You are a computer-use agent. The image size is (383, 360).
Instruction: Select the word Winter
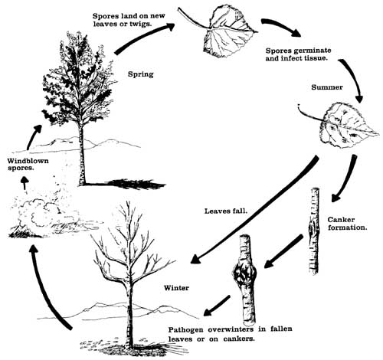pos(178,289)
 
